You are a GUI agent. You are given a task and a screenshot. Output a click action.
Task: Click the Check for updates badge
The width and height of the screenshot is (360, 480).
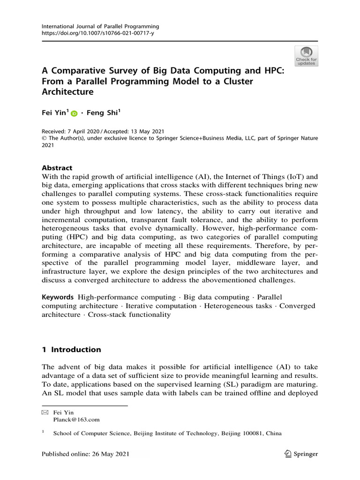point(306,55)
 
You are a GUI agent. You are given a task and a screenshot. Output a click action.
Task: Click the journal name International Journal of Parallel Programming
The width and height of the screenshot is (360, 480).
point(100,27)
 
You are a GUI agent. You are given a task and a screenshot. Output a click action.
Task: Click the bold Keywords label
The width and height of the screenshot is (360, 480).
point(58,297)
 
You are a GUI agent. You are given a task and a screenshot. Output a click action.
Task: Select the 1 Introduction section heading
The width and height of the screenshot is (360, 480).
point(71,350)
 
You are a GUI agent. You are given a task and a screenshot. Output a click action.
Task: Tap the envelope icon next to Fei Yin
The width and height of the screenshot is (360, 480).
point(45,412)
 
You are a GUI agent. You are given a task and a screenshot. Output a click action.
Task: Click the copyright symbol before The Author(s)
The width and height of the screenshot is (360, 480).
point(44,138)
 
